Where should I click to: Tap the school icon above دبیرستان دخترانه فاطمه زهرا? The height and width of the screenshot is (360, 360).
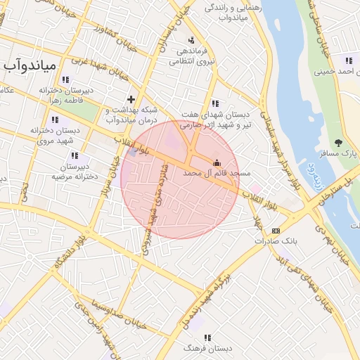click(65, 79)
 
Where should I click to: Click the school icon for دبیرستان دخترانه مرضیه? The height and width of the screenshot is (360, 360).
click(75, 155)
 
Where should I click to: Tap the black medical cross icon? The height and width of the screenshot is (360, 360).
click(130, 99)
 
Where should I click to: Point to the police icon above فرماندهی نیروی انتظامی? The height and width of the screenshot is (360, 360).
click(192, 40)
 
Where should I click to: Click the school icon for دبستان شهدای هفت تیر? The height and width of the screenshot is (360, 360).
click(214, 103)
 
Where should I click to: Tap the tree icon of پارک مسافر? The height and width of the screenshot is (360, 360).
click(339, 143)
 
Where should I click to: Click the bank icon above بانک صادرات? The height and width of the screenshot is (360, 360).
click(276, 230)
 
